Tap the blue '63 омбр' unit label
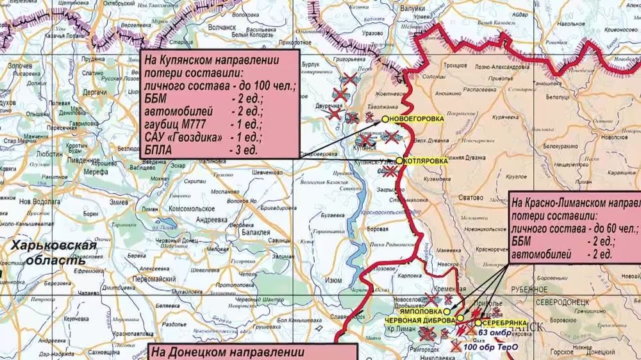(494, 333)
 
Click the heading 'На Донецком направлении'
(228, 352)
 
